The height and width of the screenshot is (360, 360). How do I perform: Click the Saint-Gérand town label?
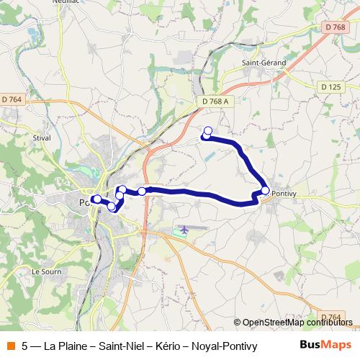tap(264, 63)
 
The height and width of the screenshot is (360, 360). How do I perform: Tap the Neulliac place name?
tap(65, 2)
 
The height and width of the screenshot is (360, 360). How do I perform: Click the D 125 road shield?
tap(332, 86)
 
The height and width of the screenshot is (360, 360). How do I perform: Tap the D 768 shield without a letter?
tap(334, 27)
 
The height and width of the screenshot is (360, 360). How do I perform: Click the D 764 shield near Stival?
tap(12, 99)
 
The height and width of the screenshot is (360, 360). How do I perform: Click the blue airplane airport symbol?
tap(184, 229)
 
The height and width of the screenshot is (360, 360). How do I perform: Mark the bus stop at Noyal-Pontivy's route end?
tap(266, 191)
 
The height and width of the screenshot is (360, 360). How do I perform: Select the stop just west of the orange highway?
tap(143, 191)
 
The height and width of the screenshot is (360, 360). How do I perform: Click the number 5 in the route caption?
tap(25, 345)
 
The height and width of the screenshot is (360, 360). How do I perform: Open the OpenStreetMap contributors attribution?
tap(297, 323)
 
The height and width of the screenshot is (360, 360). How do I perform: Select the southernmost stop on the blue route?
tap(112, 207)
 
